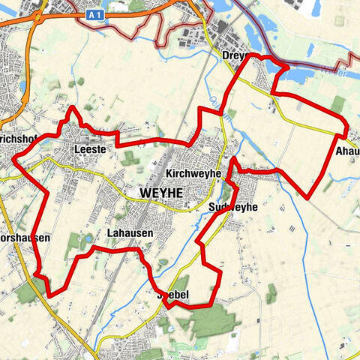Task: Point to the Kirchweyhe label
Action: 193,173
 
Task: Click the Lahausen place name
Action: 129,233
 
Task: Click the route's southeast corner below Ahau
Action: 309,197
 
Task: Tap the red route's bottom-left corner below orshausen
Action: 50,295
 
